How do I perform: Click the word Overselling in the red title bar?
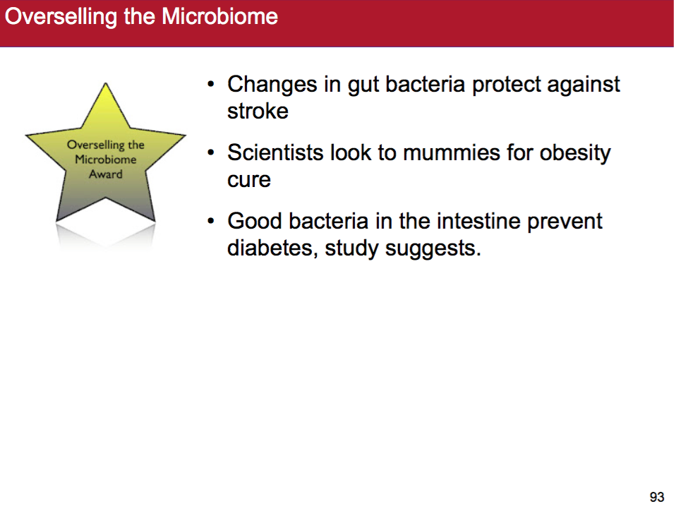coord(61,17)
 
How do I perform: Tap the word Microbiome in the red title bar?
coord(219,16)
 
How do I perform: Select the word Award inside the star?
coord(106,174)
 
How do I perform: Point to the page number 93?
coord(657,497)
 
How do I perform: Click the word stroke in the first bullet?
coord(258,111)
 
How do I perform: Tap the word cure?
coord(249,180)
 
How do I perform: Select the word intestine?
coord(478,221)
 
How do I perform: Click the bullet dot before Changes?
coord(210,84)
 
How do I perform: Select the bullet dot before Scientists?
coord(210,152)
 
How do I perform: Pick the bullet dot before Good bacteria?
coord(210,221)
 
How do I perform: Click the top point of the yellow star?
coord(105,83)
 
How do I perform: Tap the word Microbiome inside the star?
coord(106,159)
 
